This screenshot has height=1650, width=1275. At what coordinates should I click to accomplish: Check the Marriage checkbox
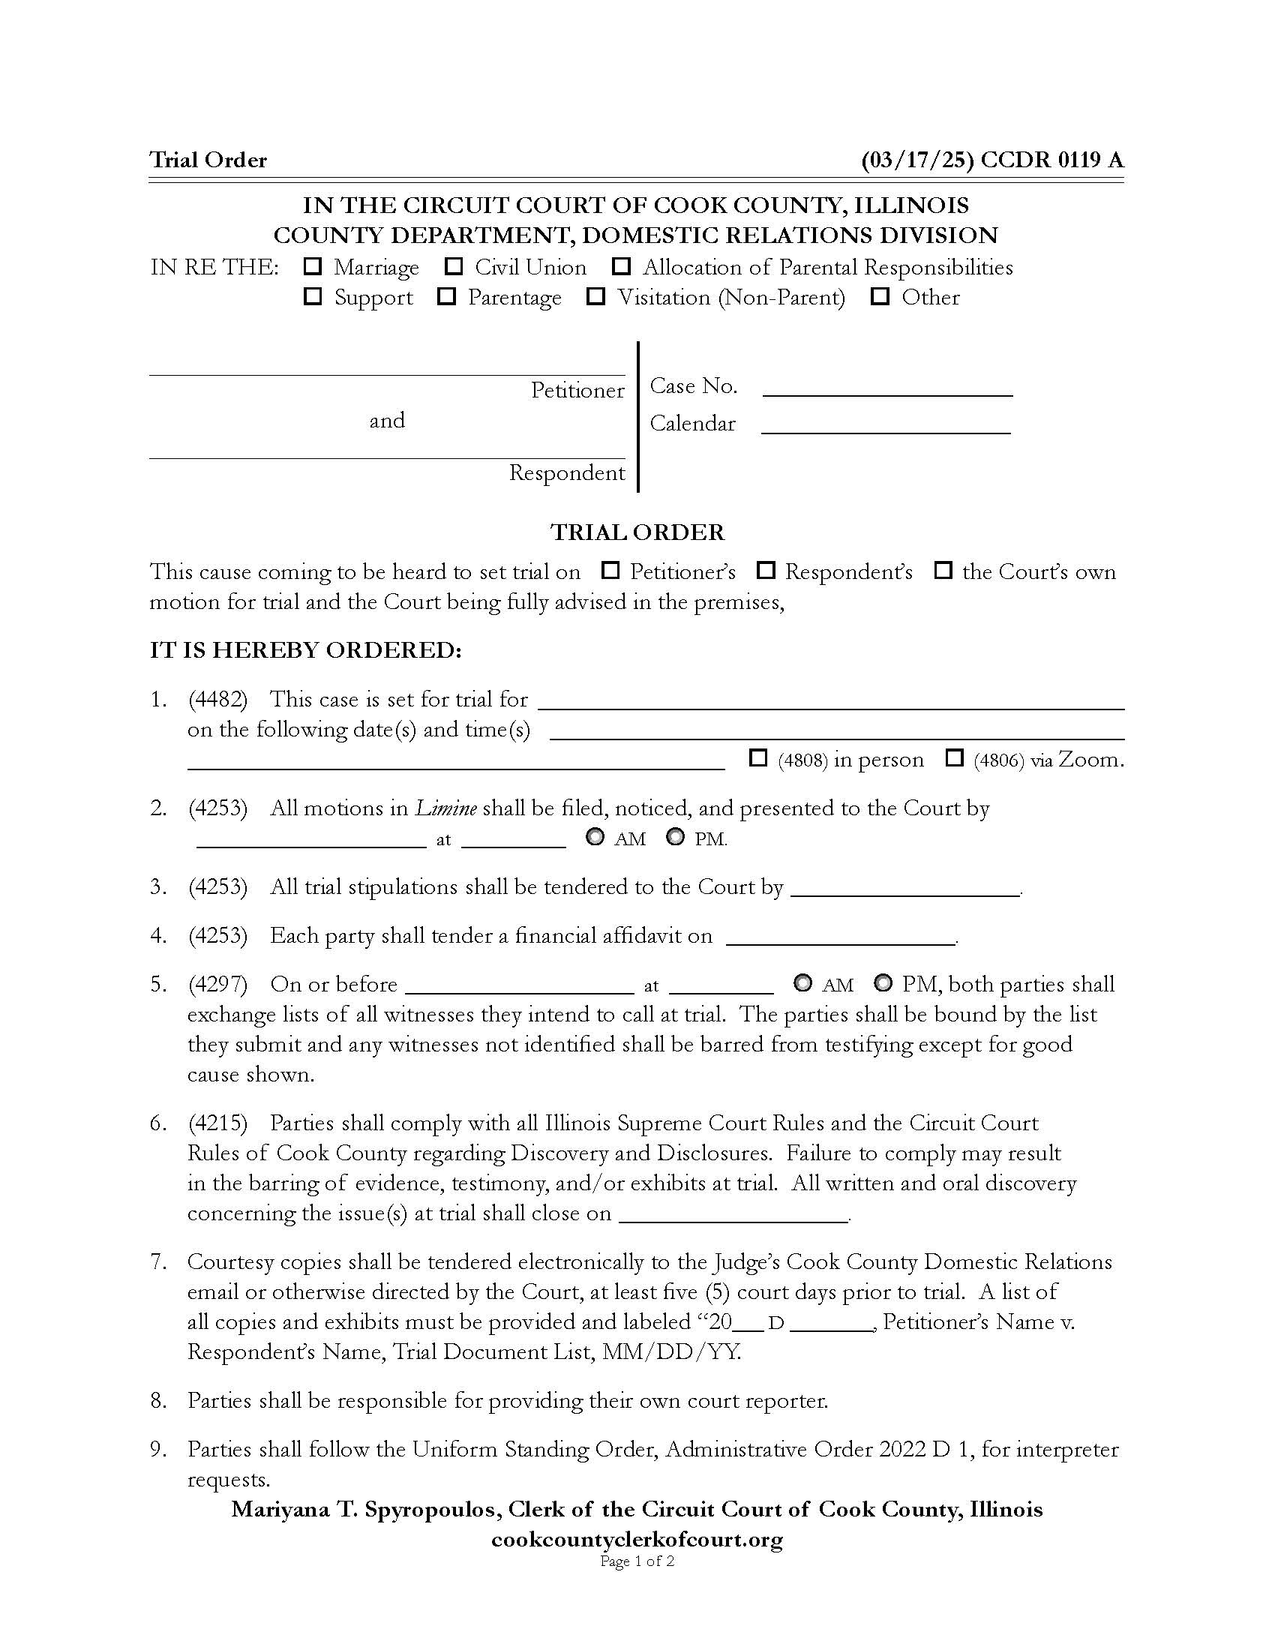pos(312,266)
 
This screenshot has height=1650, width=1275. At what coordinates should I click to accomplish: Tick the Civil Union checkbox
pos(453,266)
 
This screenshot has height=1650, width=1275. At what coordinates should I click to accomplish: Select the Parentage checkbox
pos(446,296)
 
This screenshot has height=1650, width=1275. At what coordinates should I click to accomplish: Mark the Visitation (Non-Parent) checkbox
pos(596,296)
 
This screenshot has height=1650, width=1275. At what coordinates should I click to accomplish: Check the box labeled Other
pos(880,296)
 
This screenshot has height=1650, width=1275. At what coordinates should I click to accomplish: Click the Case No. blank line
pos(887,388)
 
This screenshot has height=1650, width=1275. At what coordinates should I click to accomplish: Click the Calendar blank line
pos(886,426)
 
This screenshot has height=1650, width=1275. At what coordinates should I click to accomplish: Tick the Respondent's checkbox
pos(766,571)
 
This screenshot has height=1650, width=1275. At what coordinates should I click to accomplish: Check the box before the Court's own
pos(943,571)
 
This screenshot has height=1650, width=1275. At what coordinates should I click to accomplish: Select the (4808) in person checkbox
pos(757,757)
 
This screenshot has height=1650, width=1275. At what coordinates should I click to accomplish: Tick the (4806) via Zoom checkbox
pos(955,757)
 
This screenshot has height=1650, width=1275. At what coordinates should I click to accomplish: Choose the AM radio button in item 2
pos(595,837)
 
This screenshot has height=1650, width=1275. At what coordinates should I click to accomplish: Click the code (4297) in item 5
pos(217,984)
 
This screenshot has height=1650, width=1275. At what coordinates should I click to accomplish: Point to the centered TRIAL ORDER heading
pos(637,532)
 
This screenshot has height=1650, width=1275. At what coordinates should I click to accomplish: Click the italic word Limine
pos(445,808)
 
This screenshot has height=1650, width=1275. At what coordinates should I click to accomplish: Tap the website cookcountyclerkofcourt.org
pos(637,1539)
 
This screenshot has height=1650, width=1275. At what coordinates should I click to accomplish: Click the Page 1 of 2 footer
pos(637,1561)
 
